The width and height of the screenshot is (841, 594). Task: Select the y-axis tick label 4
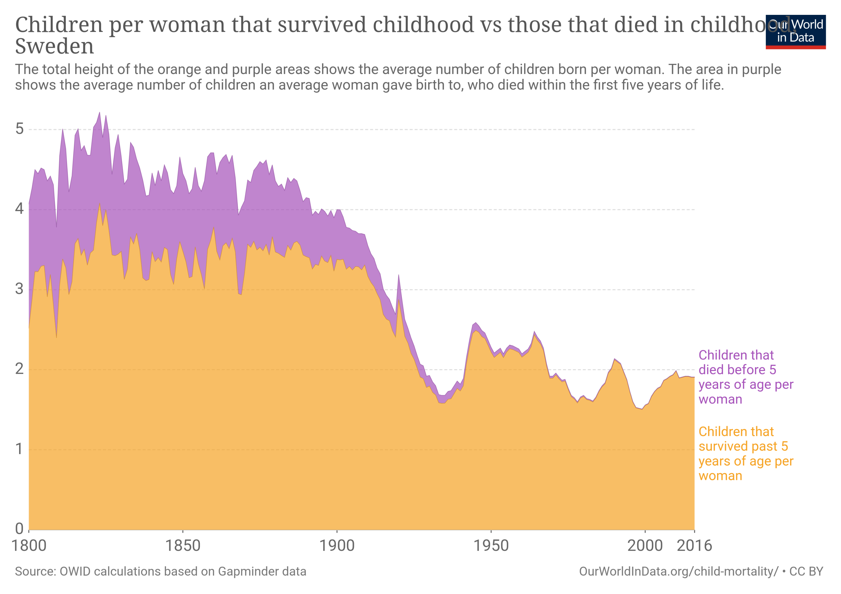(19, 209)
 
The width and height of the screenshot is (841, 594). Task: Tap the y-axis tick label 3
(19, 289)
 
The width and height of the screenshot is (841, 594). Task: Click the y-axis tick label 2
(19, 369)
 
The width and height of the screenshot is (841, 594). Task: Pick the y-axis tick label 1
(19, 449)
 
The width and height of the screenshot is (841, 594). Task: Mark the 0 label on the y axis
(19, 529)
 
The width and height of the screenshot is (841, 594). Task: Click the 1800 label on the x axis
(29, 546)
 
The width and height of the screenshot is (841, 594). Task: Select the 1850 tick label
(183, 546)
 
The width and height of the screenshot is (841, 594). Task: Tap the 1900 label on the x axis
(337, 546)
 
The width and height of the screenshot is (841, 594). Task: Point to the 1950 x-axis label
(491, 546)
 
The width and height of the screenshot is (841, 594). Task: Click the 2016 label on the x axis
(694, 546)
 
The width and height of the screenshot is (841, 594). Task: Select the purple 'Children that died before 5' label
(745, 377)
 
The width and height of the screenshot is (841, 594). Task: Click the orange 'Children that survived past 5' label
(745, 454)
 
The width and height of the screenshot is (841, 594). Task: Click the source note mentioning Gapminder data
(160, 572)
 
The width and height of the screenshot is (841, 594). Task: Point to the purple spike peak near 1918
(399, 275)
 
